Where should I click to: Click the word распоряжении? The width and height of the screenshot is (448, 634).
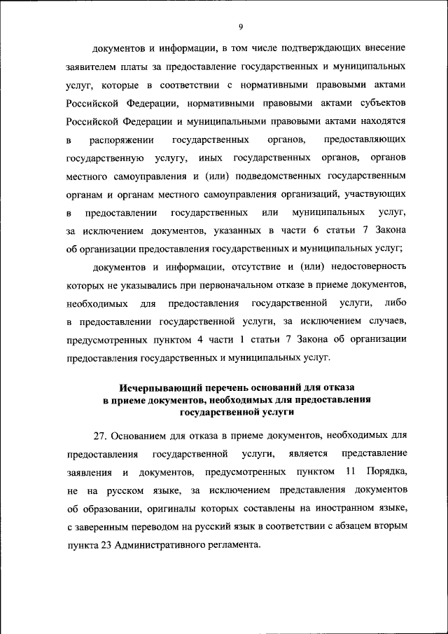click(122, 139)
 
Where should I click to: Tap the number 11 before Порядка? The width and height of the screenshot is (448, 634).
click(351, 473)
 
